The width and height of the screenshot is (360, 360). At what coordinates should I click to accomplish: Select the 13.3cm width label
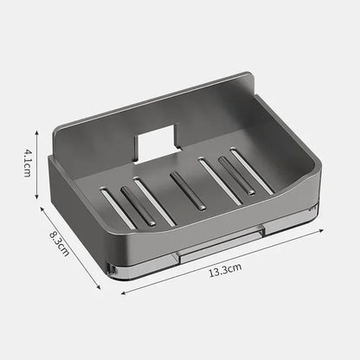223,269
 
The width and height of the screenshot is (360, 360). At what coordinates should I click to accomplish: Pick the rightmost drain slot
252,170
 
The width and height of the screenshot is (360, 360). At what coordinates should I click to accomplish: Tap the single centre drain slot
188,190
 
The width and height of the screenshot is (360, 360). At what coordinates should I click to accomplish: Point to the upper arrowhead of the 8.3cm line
40,205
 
